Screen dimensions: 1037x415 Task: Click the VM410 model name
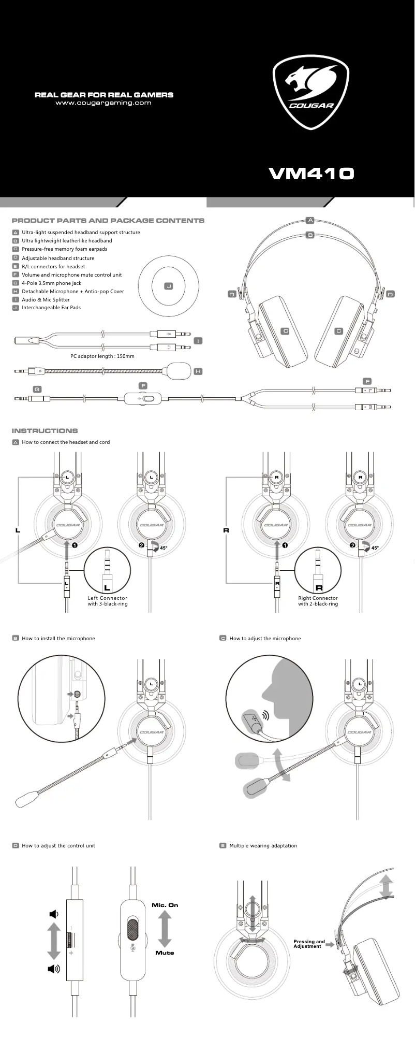[312, 173]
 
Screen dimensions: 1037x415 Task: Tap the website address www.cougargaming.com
[103, 103]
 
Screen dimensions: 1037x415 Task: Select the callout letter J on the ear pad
[168, 286]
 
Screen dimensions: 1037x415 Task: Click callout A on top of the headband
[310, 220]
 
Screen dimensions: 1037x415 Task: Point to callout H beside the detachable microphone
[198, 371]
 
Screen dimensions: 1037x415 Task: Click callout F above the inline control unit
[143, 386]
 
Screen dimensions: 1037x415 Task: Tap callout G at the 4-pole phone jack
[37, 389]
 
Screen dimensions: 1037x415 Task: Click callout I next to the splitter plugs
[198, 341]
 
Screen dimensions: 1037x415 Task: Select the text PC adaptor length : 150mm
[102, 356]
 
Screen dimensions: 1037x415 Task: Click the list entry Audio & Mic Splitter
[46, 299]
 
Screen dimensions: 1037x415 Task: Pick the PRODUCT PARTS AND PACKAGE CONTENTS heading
[108, 220]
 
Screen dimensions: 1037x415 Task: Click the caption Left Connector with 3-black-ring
[108, 601]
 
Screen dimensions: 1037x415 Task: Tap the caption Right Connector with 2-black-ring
[318, 601]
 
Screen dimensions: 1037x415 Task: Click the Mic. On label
[165, 905]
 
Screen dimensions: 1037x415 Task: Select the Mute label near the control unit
[165, 953]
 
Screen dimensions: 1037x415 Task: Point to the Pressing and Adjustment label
[309, 944]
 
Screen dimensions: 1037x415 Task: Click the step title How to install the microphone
[58, 638]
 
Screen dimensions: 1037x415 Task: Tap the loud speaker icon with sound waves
[54, 969]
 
